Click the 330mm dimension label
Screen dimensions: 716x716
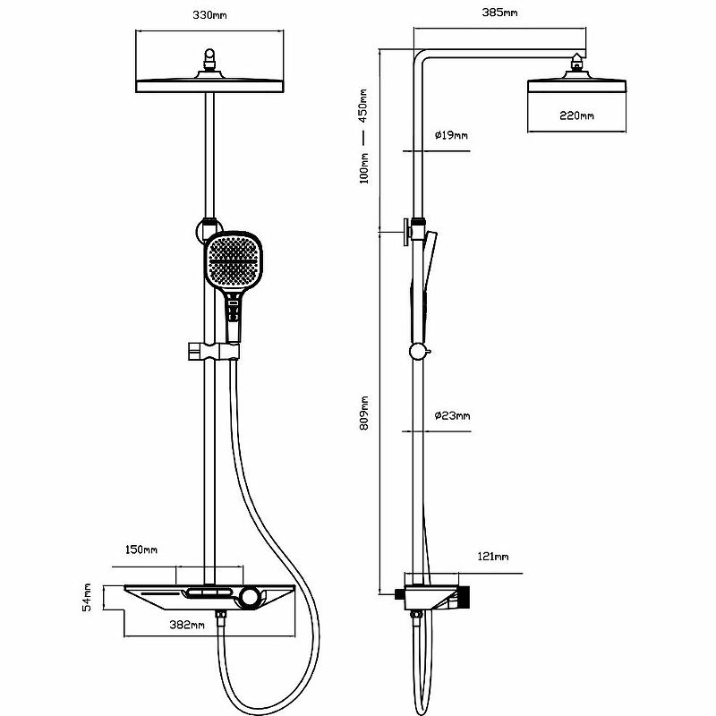(x=210, y=15)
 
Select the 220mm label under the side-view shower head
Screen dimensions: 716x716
(x=576, y=116)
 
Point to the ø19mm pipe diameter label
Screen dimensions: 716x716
(x=451, y=135)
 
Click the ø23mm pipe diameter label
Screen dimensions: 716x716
(x=452, y=415)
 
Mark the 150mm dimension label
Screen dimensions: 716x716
(x=141, y=550)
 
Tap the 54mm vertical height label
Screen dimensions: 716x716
(x=88, y=597)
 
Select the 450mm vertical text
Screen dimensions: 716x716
(x=363, y=105)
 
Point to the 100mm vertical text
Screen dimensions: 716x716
(x=363, y=167)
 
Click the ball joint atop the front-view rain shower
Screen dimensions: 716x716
(x=210, y=61)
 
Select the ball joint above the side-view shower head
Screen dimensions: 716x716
(x=577, y=63)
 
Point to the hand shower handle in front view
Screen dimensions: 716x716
(x=233, y=318)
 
